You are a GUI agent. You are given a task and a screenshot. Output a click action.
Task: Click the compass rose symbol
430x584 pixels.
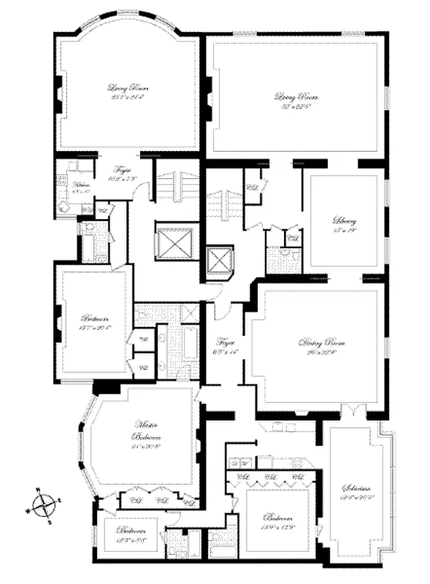[x=45, y=504]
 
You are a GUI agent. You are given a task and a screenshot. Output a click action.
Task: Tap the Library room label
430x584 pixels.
[x=342, y=220]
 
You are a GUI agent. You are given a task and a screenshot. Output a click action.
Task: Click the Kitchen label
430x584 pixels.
[x=81, y=187]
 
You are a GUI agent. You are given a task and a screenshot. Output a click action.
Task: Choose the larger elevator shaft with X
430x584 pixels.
[x=173, y=243]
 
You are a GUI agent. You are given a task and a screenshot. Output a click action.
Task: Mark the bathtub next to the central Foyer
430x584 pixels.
[x=188, y=352]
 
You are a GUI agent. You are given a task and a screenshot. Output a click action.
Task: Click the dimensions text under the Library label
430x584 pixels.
[x=342, y=231]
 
